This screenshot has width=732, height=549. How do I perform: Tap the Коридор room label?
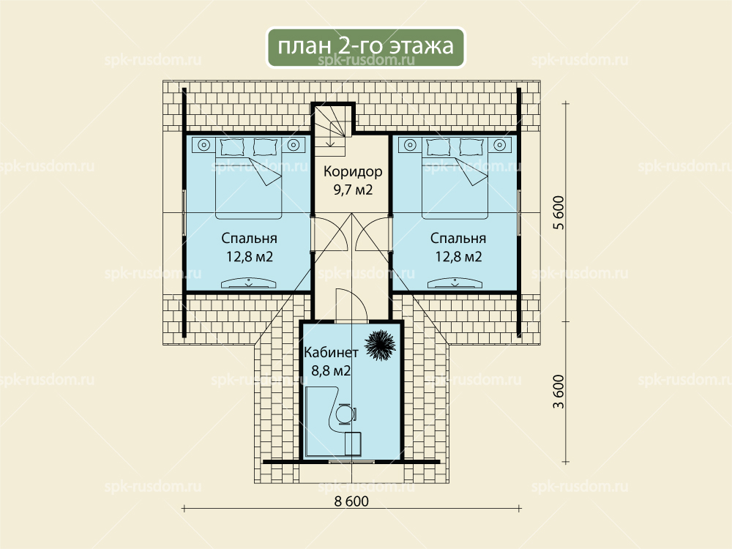coord(353,172)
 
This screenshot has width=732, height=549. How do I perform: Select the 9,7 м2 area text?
coord(353,190)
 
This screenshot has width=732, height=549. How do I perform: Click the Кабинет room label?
coord(331,352)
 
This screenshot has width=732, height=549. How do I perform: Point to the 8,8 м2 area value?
coord(331,370)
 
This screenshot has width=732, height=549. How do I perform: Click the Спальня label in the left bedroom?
coord(250,239)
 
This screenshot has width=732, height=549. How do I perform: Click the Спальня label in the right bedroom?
coord(458,239)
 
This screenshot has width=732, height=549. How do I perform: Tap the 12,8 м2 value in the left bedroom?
coord(250,257)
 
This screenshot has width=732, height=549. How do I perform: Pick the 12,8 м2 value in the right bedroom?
coord(458,257)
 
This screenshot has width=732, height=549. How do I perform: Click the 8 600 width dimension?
coord(351,501)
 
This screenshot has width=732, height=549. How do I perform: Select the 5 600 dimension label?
coord(559,212)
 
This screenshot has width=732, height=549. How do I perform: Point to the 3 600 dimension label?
coord(559,391)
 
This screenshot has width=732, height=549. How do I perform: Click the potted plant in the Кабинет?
coord(379,346)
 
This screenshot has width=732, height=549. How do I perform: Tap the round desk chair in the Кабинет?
coord(346,414)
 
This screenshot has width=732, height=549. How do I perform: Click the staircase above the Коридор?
coord(332,130)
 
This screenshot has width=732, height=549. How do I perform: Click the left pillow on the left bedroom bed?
coord(229,146)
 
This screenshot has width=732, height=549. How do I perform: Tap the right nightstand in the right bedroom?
coord(500,145)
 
